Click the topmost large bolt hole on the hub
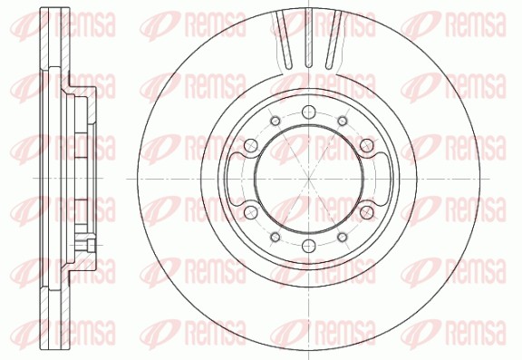point(309,112)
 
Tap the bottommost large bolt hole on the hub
point(309,248)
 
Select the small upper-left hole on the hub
point(275,121)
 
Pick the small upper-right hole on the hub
point(343,121)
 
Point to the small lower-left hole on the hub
point(275,238)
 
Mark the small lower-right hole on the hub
point(343,238)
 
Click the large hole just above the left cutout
point(251,145)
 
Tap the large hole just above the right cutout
point(367,145)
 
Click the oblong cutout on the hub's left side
point(238,180)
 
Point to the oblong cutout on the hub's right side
point(380,180)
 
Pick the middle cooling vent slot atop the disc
point(309,42)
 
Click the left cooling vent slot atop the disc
point(286,40)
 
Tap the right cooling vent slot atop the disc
point(333,40)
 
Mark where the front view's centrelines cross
point(309,180)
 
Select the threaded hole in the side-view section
point(91,246)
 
